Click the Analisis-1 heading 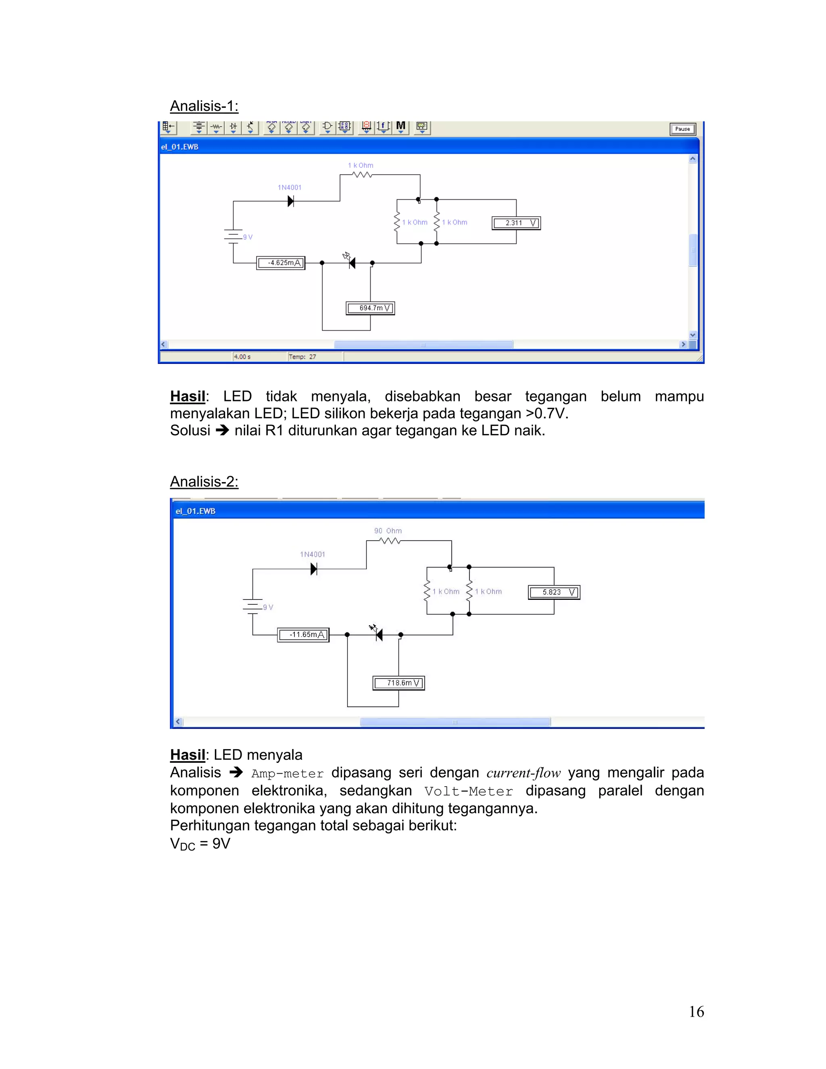tap(204, 106)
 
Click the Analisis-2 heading tap(204, 482)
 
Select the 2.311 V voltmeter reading tap(516, 223)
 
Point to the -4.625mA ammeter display tap(281, 263)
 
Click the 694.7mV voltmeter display tap(370, 308)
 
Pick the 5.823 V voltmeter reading tap(554, 592)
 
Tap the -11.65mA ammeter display tap(303, 635)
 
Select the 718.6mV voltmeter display tap(399, 683)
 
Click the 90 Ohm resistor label tap(388, 530)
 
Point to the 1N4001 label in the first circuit tap(290, 188)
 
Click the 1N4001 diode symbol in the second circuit tap(314, 569)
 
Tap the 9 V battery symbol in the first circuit tap(234, 236)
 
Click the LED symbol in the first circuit tap(351, 262)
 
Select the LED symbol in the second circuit tap(378, 635)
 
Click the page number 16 tap(696, 1012)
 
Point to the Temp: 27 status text tap(302, 357)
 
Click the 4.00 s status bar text tap(242, 357)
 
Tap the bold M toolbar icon tap(401, 126)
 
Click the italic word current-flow tap(523, 773)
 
